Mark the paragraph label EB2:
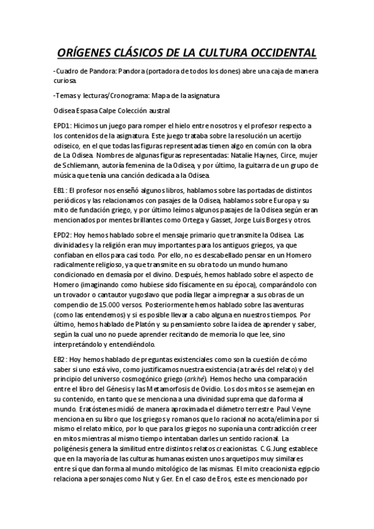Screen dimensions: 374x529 [61, 360]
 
